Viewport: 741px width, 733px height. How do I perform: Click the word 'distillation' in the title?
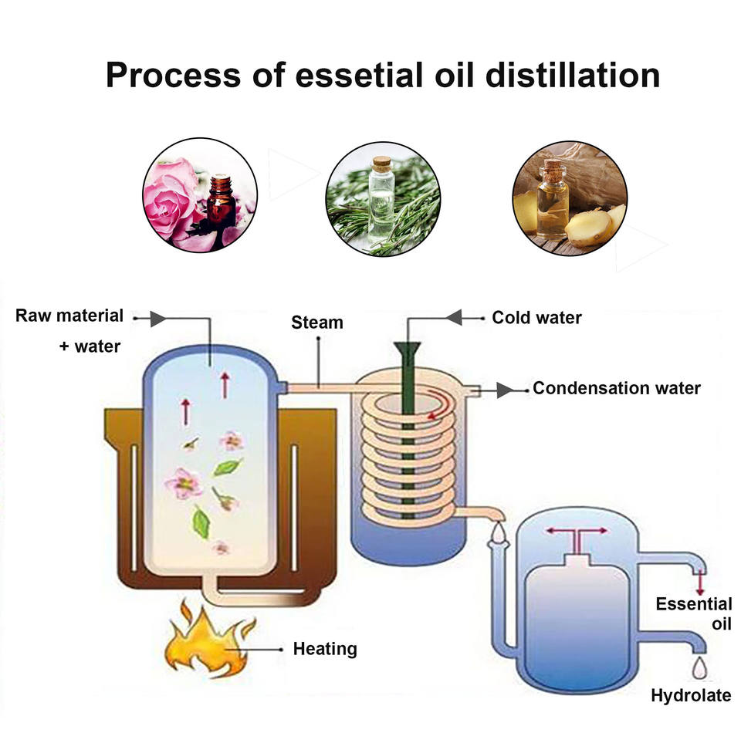pyautogui.click(x=572, y=76)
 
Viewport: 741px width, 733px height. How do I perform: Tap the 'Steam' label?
pyautogui.click(x=317, y=323)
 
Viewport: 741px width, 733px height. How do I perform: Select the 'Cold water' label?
pyautogui.click(x=537, y=317)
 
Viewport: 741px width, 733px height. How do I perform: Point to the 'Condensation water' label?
pyautogui.click(x=617, y=388)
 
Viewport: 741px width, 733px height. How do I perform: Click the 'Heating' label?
pyautogui.click(x=325, y=648)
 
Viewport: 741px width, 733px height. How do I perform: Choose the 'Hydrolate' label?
pyautogui.click(x=691, y=695)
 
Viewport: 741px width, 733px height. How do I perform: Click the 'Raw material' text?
pyautogui.click(x=69, y=316)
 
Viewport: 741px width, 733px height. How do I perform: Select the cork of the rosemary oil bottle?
pyautogui.click(x=381, y=164)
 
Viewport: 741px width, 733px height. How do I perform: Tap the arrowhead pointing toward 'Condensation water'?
pyautogui.click(x=505, y=390)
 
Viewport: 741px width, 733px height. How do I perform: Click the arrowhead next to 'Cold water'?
pyautogui.click(x=454, y=317)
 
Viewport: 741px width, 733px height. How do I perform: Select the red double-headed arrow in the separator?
pyautogui.click(x=577, y=531)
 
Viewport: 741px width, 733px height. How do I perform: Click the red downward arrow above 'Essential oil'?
pyautogui.click(x=700, y=584)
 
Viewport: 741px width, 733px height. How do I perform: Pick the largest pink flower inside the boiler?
pyautogui.click(x=184, y=484)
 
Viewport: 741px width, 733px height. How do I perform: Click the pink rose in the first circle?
pyautogui.click(x=169, y=198)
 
